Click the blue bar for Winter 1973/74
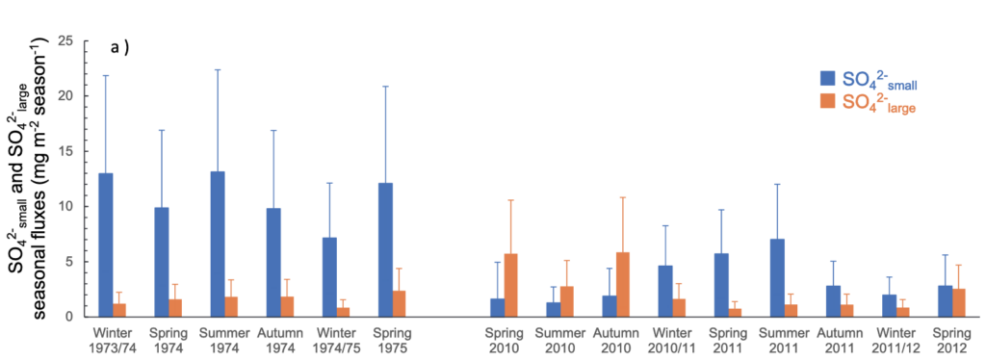point(105,244)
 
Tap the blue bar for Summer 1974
point(217,244)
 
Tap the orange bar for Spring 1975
point(399,303)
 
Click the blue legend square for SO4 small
point(827,79)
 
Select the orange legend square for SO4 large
point(827,103)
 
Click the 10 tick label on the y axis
point(65,206)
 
